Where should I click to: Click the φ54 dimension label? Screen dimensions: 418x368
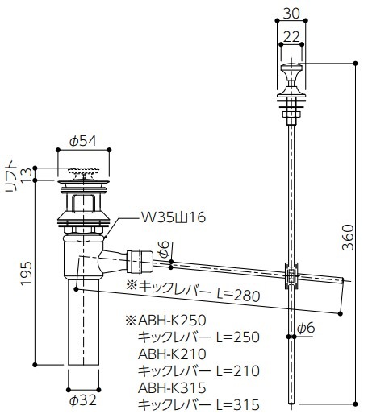[x=83, y=142]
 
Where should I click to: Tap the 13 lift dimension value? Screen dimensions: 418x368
[x=26, y=176]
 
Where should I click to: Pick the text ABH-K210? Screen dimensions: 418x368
[x=173, y=354]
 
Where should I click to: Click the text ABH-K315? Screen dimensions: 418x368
[x=173, y=387]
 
